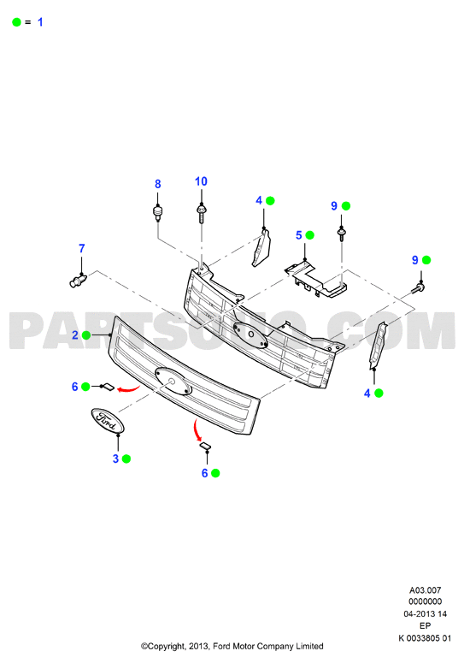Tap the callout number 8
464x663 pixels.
158,184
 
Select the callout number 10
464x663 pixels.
201,181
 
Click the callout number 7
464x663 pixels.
82,249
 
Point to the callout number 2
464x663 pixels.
75,335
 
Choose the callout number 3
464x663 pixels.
115,459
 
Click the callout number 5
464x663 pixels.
299,235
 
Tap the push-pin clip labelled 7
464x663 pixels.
78,281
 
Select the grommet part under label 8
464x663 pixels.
158,213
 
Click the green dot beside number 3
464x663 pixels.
126,459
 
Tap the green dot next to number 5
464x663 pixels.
310,235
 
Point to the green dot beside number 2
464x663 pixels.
86,335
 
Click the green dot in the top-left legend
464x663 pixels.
16,22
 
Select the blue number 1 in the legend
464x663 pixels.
40,22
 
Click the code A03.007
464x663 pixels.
426,589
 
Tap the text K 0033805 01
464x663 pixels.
425,638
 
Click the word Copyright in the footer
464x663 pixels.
167,647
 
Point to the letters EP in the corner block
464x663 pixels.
426,626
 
